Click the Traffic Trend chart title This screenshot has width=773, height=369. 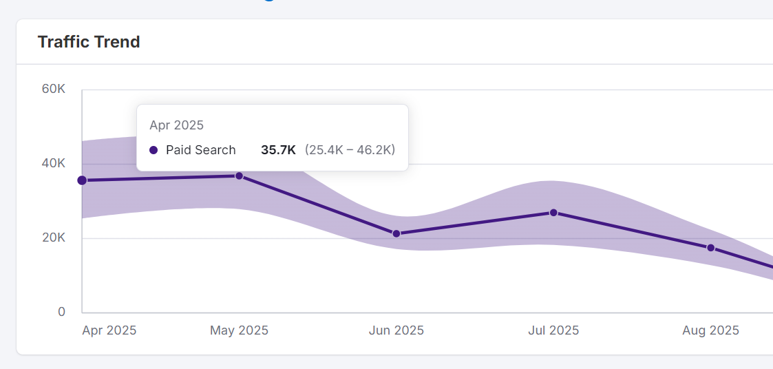tap(89, 42)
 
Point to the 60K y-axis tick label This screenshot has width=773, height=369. tap(53, 89)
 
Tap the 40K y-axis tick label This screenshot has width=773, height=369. tap(53, 164)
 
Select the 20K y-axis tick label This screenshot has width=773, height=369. tap(53, 238)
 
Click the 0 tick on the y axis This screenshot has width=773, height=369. tap(61, 312)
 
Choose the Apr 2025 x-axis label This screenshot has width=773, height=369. tap(109, 330)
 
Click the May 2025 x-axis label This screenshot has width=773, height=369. tap(239, 330)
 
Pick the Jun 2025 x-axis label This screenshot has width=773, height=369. tap(396, 330)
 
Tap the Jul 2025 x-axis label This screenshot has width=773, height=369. tap(553, 330)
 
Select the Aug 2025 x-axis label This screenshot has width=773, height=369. tap(710, 330)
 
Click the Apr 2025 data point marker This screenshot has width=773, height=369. tap(82, 180)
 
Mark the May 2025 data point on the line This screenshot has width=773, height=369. tap(239, 176)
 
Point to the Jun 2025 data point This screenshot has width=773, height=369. tap(396, 233)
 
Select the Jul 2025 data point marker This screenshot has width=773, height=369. tap(553, 213)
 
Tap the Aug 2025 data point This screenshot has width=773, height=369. tap(711, 248)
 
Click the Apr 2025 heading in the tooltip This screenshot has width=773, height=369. tap(176, 125)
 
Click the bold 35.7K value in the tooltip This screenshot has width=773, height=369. tap(278, 150)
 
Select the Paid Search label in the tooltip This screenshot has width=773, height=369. tap(201, 150)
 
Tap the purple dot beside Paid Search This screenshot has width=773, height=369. tap(153, 150)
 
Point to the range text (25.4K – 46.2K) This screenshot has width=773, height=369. tap(350, 150)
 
